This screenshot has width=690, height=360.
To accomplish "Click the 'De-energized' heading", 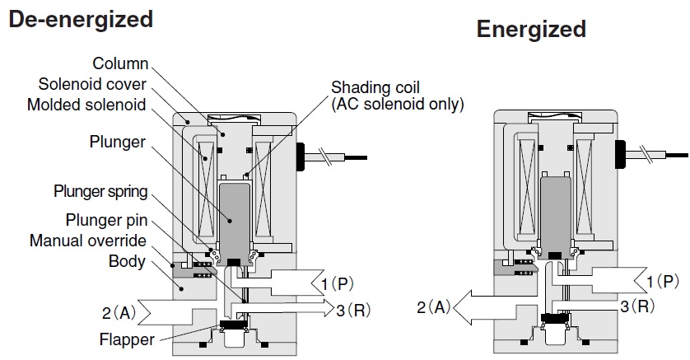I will [x=81, y=20].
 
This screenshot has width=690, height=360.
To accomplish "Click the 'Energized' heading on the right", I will [x=531, y=30].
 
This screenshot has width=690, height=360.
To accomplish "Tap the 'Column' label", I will [x=120, y=63].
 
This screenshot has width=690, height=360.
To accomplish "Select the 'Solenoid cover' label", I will [x=93, y=84].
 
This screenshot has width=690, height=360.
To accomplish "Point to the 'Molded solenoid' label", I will [x=86, y=105].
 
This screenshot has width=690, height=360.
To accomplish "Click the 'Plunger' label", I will [x=118, y=142].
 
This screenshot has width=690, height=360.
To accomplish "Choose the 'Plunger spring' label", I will [x=100, y=192].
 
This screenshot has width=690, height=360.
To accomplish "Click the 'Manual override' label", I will [x=88, y=241].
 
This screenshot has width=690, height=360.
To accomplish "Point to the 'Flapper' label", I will [x=123, y=339].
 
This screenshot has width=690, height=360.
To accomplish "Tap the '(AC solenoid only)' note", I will [x=398, y=105].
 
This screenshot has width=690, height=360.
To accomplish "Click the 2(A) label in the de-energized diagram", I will [x=119, y=312].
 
